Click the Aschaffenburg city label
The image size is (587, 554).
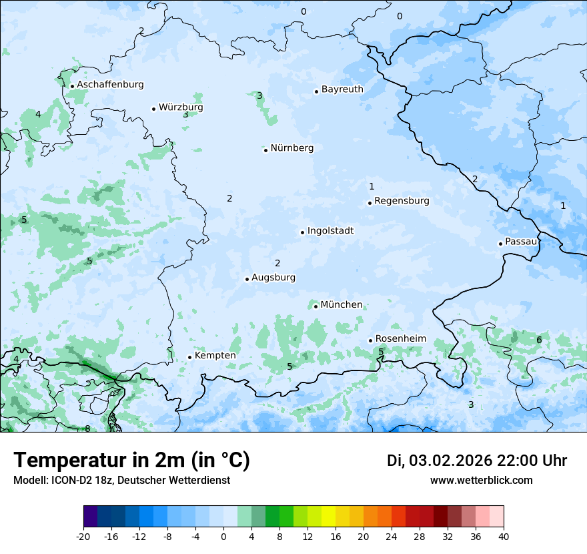[110, 85]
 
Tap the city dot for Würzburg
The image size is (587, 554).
[154, 109]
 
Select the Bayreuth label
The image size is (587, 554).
[342, 89]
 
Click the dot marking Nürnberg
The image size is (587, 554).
[265, 150]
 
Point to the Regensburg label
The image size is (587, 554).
[402, 200]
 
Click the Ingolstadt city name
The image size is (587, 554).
[330, 231]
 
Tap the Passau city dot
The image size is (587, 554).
[500, 244]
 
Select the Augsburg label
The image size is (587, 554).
[273, 277]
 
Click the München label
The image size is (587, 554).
[342, 304]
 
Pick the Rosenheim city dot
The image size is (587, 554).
[370, 341]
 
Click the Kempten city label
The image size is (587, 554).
[215, 355]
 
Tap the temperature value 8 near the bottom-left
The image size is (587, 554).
[87, 429]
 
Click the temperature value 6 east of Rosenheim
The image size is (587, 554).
[539, 340]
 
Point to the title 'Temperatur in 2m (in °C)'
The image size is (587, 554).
[131, 460]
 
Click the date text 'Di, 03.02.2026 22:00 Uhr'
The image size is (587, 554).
[477, 461]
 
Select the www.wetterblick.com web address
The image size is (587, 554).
[481, 480]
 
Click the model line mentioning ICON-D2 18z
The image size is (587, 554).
[121, 480]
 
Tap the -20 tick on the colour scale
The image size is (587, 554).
[83, 536]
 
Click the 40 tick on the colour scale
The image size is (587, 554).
[503, 536]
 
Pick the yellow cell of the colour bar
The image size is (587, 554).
[328, 517]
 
